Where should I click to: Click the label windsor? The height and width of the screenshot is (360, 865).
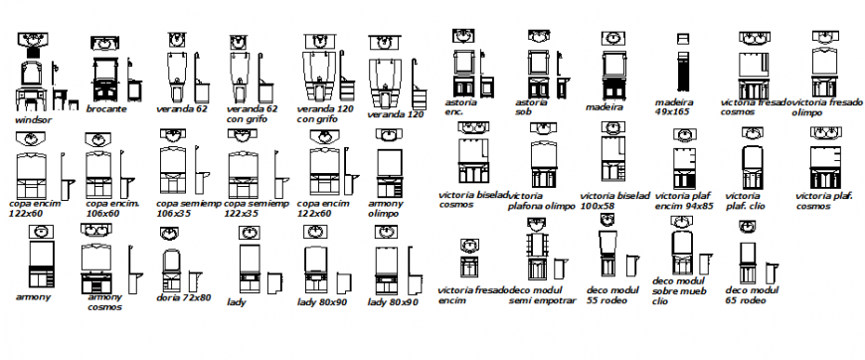pyautogui.click(x=35, y=118)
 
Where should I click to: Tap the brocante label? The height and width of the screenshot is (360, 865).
pyautogui.click(x=106, y=108)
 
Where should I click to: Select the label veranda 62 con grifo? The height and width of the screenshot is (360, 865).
pyautogui.click(x=252, y=113)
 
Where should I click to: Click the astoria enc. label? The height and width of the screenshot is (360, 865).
pyautogui.click(x=459, y=107)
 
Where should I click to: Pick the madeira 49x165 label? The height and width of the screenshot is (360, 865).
pyautogui.click(x=674, y=107)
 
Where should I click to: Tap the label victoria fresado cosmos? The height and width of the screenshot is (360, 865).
pyautogui.click(x=753, y=107)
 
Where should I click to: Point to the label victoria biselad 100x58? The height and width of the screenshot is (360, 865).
pyautogui.click(x=613, y=201)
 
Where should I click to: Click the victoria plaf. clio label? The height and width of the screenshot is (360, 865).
pyautogui.click(x=746, y=201)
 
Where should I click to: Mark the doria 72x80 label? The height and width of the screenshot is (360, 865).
pyautogui.click(x=183, y=297)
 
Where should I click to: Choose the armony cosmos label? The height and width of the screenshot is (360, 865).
pyautogui.click(x=104, y=301)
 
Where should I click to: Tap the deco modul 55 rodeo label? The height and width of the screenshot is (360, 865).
pyautogui.click(x=608, y=294)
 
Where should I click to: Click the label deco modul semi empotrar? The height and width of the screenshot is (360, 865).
pyautogui.click(x=543, y=294)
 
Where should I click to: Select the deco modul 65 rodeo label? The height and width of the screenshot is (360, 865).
pyautogui.click(x=750, y=294)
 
